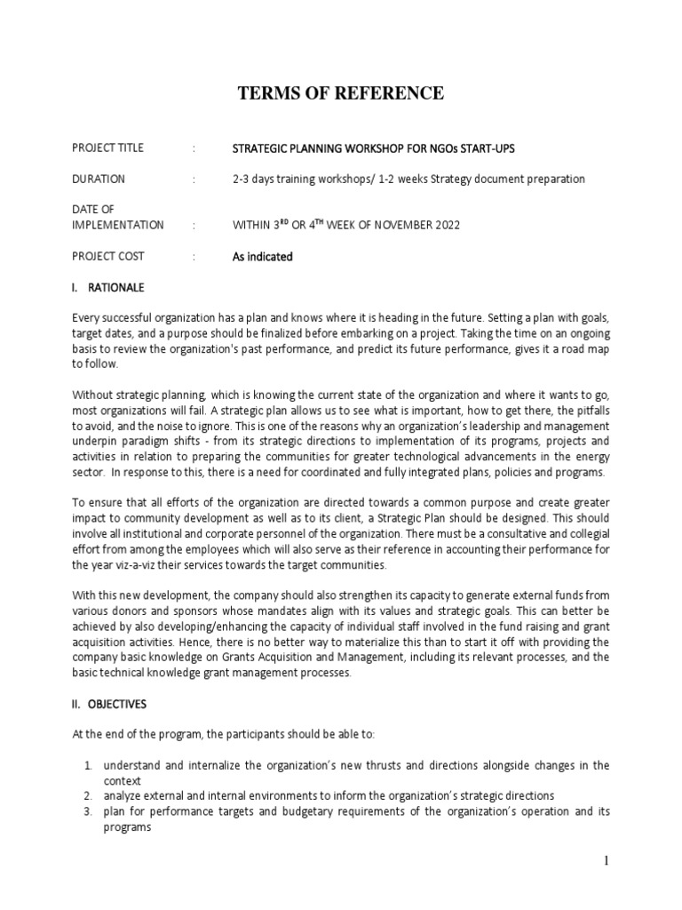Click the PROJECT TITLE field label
(x=107, y=148)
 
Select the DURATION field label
(x=99, y=179)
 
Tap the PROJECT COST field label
(x=108, y=257)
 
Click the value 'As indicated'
(x=262, y=257)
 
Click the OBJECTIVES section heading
(x=122, y=704)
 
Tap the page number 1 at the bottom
(x=604, y=861)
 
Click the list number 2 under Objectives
(x=89, y=795)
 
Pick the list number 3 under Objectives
(x=89, y=811)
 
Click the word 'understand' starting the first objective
(x=131, y=765)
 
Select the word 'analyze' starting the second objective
(x=122, y=795)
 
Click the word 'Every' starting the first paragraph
(x=86, y=318)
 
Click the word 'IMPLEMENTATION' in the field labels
(x=118, y=226)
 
